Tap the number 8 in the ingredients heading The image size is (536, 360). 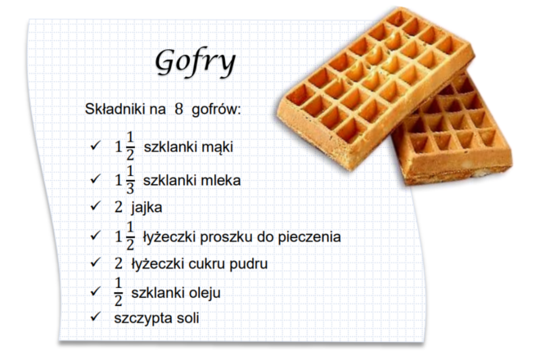[178, 110]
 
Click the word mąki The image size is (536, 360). [217, 147]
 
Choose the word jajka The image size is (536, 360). [146, 208]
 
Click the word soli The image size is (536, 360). [188, 318]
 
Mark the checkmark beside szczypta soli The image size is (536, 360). [95, 317]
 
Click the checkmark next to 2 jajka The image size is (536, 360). [95, 206]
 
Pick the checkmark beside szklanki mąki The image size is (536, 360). [95, 146]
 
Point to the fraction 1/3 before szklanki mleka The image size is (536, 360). [130, 180]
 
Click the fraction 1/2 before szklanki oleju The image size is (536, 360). [119, 292]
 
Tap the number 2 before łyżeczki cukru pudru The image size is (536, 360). [119, 263]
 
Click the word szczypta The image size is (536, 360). [143, 319]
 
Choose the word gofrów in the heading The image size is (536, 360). [216, 110]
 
